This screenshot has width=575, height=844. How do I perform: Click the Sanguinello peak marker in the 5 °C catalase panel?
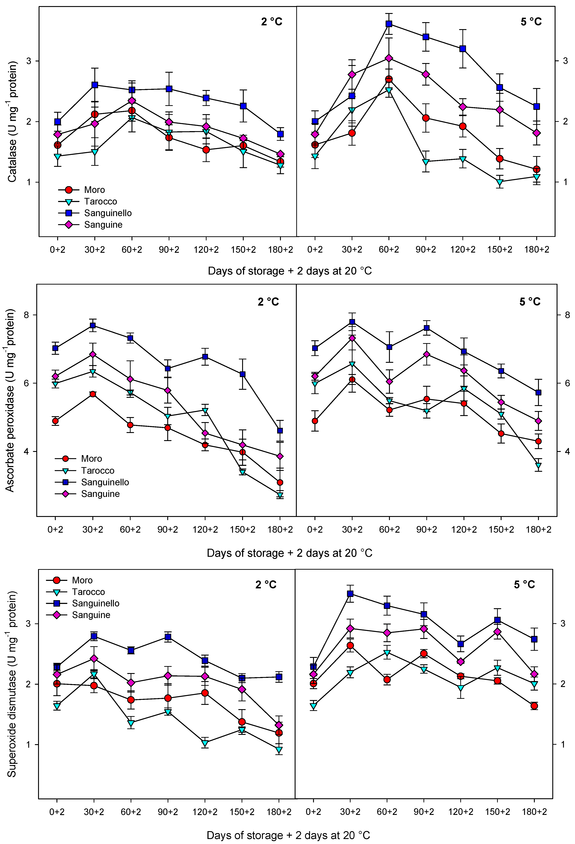[389, 24]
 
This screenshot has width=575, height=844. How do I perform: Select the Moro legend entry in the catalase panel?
[94, 190]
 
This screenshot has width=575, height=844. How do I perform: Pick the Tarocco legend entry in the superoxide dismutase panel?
[88, 592]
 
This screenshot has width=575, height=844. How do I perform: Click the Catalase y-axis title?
[12, 122]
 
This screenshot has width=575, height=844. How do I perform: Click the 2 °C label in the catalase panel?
[271, 22]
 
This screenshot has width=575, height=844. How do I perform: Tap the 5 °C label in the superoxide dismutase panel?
[524, 585]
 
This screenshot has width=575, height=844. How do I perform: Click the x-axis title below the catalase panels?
[289, 271]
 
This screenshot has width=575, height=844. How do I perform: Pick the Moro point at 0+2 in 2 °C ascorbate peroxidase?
[55, 421]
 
